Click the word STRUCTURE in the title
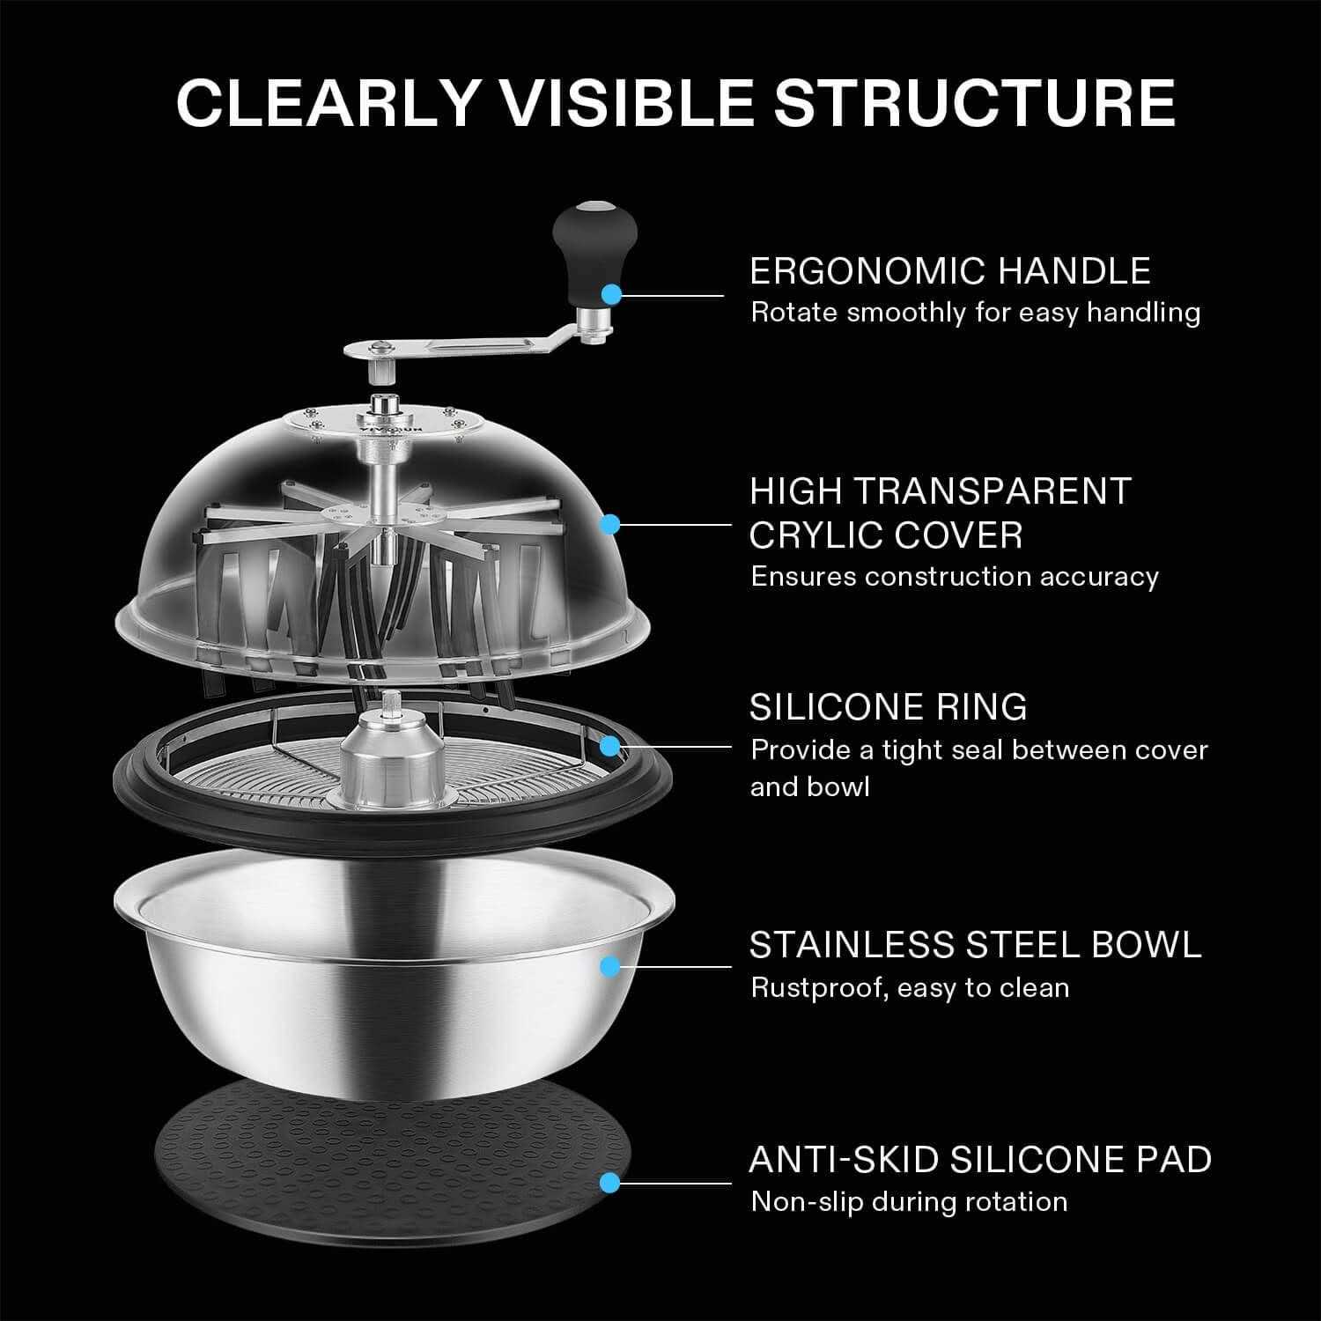[x=974, y=103]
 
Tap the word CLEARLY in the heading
[x=327, y=103]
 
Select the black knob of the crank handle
[x=582, y=239]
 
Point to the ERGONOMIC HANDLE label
[x=949, y=270]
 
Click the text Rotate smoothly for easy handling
[x=975, y=313]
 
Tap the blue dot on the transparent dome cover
[x=609, y=525]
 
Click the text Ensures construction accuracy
[x=954, y=577]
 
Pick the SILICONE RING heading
[x=888, y=707]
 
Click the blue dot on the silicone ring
[x=609, y=746]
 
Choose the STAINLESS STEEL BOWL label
[x=975, y=944]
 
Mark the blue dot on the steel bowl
[x=609, y=967]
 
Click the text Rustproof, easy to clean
[x=909, y=987]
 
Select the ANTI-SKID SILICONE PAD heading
[x=979, y=1159]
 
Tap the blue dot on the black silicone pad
[x=609, y=1183]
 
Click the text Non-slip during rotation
[x=908, y=1201]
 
